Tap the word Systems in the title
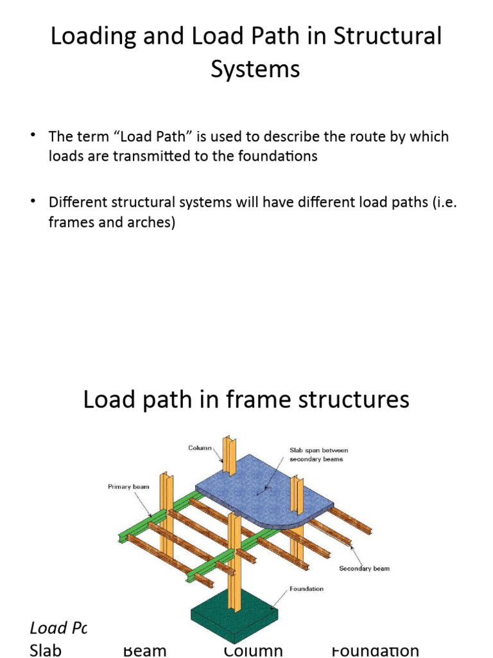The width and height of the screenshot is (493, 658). [x=255, y=69]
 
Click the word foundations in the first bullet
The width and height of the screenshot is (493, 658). [x=279, y=156]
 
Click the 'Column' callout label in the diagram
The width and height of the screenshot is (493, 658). [x=200, y=447]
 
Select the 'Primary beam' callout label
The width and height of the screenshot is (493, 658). [x=128, y=486]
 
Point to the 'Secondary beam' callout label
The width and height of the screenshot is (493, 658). [x=364, y=568]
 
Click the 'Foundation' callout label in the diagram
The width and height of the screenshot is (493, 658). [x=307, y=589]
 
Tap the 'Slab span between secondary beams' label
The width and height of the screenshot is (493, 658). [x=319, y=455]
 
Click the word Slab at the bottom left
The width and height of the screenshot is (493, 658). [x=46, y=650]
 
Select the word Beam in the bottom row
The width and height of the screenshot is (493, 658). [x=144, y=651]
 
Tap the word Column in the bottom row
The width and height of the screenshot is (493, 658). [x=254, y=651]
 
